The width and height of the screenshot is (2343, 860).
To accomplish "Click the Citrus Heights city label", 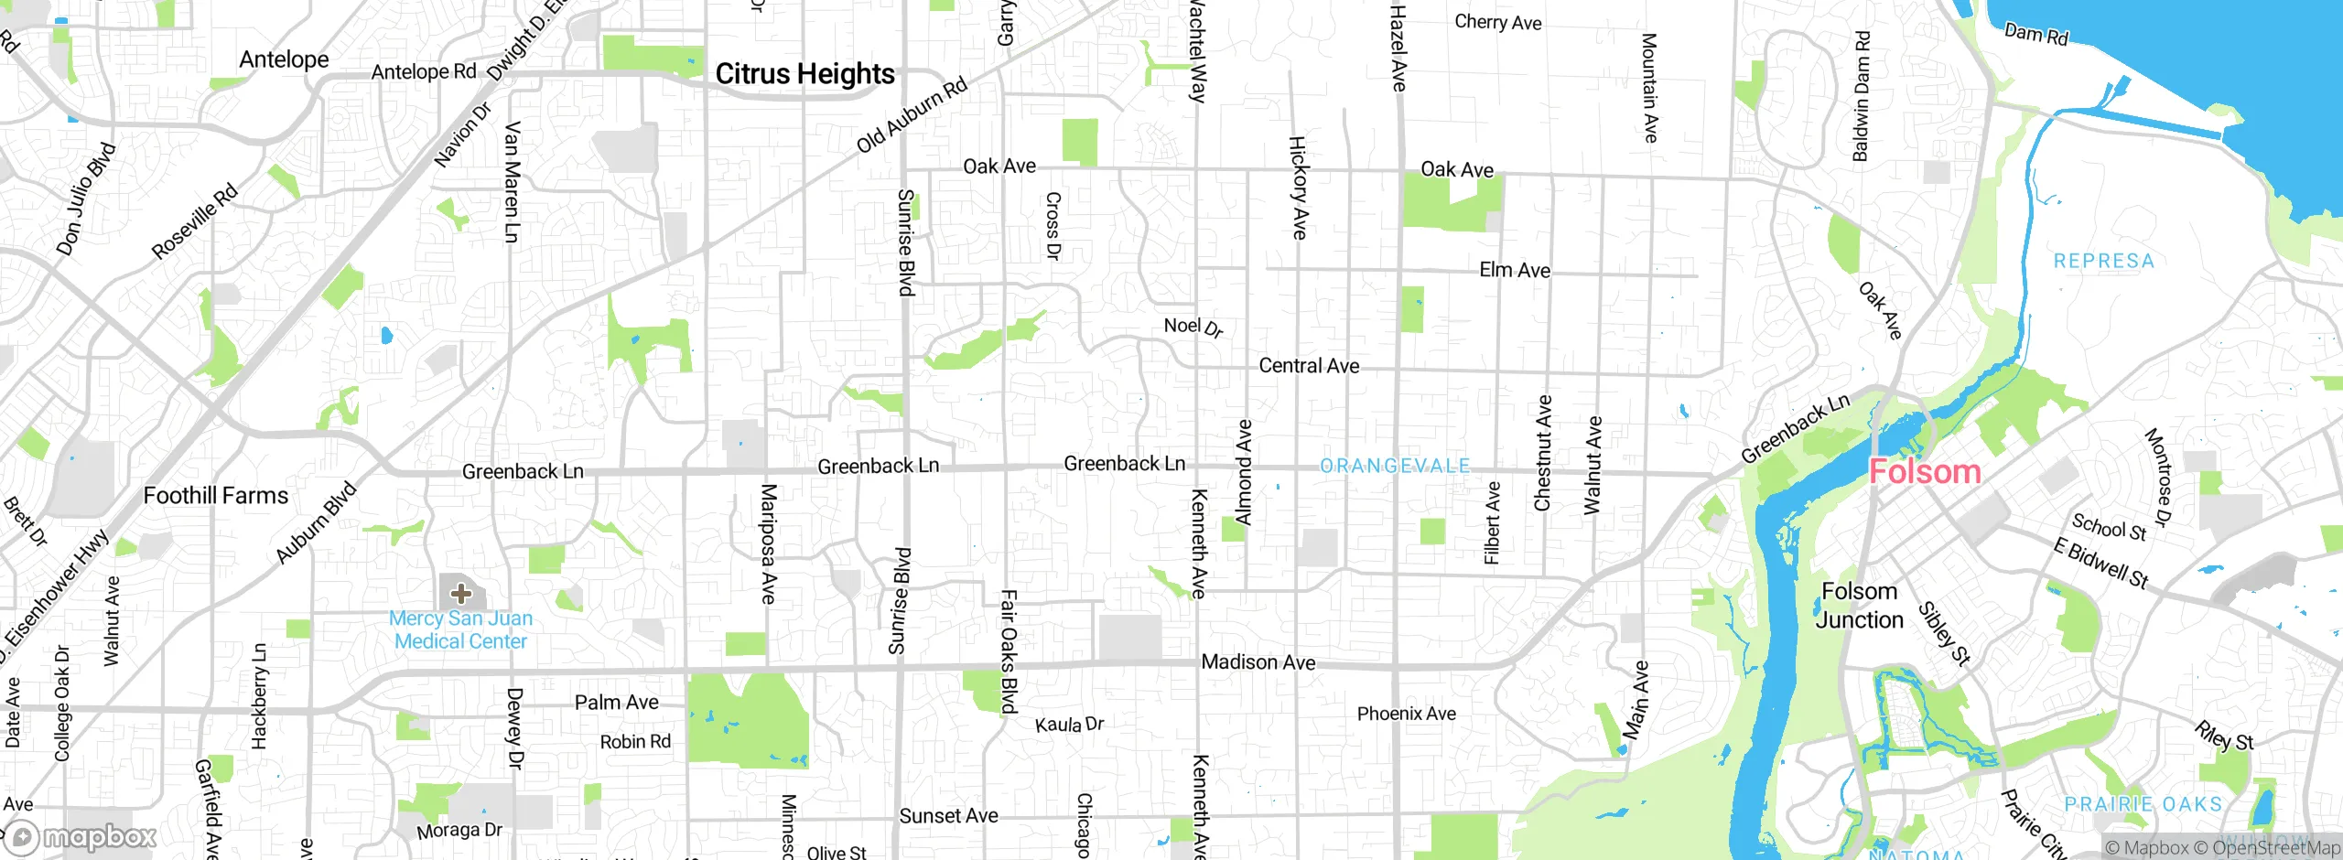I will (x=804, y=74).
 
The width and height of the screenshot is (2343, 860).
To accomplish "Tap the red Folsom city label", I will (x=1924, y=472).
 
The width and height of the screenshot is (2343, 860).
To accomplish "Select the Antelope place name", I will (x=284, y=59).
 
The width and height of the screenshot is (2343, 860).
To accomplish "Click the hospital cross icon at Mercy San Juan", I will (x=461, y=594).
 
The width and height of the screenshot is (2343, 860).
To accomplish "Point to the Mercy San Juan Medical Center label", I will (x=460, y=629).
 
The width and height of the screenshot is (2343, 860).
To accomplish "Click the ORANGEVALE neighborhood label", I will (x=1394, y=467).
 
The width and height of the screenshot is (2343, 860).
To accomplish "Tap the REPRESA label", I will (x=2103, y=262).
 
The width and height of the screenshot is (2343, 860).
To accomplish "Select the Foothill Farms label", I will (x=216, y=496).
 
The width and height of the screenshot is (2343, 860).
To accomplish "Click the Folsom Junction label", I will (x=1859, y=606).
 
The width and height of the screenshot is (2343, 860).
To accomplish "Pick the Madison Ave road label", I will (x=1258, y=662).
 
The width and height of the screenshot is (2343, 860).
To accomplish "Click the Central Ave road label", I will (x=1309, y=366).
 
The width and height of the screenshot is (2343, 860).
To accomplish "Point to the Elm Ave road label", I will (x=1514, y=270).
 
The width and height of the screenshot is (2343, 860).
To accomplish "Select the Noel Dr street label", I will (x=1193, y=327).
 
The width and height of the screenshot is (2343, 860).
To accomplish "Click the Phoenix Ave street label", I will (x=1406, y=714).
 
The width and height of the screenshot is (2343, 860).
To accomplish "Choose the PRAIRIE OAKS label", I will (x=2143, y=804).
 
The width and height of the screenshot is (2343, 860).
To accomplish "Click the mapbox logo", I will (x=82, y=836).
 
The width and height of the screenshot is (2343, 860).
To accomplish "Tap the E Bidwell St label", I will (x=2100, y=563).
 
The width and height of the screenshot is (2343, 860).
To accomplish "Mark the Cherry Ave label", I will (x=1497, y=22).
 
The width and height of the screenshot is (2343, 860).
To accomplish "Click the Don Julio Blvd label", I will (x=86, y=199).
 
